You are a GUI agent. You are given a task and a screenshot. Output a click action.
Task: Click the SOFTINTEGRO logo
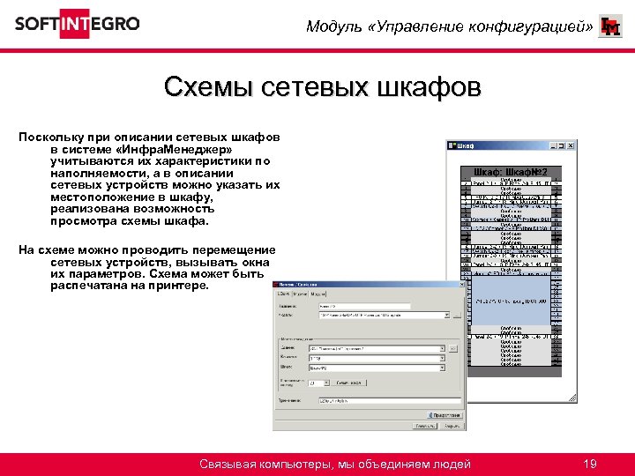[x=77, y=24]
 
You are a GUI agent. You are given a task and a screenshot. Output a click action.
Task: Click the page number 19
[x=590, y=464]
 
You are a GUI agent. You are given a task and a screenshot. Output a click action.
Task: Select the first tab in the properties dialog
[x=285, y=294]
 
